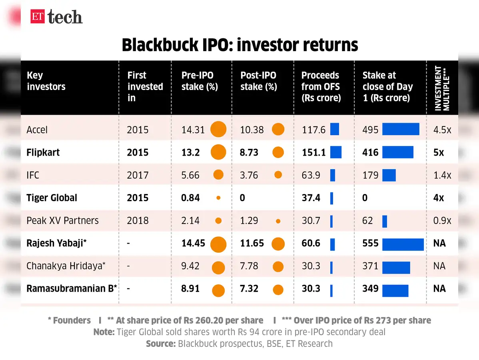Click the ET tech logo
tap(56, 17)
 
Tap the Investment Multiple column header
tap(442, 88)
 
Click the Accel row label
tap(37, 130)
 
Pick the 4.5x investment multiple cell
tap(442, 130)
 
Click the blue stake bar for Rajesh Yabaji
tap(403, 244)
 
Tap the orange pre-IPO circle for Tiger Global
tap(218, 198)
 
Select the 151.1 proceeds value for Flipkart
tap(313, 152)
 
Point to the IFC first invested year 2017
tap(138, 175)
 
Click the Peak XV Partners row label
tap(62, 220)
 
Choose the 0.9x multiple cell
tap(442, 220)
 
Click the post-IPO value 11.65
tap(252, 243)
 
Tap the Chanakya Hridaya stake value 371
tap(370, 266)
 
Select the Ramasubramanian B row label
tap(72, 288)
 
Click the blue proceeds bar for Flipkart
tap(336, 152)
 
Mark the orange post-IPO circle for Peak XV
tap(278, 221)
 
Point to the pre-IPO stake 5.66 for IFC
tap(190, 175)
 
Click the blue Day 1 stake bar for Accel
tap(401, 129)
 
